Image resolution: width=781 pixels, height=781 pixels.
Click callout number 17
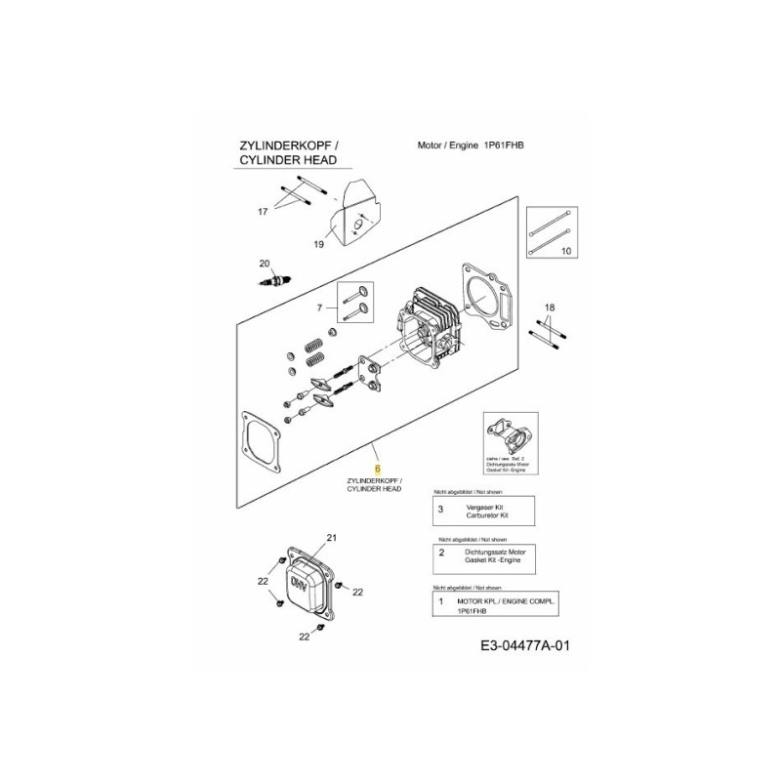262,212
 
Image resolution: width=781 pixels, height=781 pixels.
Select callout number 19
318,244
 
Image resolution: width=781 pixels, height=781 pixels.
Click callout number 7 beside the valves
318,308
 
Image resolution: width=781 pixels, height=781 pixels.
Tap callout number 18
550,308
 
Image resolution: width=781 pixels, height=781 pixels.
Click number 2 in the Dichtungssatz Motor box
441,554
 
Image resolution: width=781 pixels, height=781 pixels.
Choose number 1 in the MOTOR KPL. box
441,602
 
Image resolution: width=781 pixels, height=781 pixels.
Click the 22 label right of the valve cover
357,593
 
